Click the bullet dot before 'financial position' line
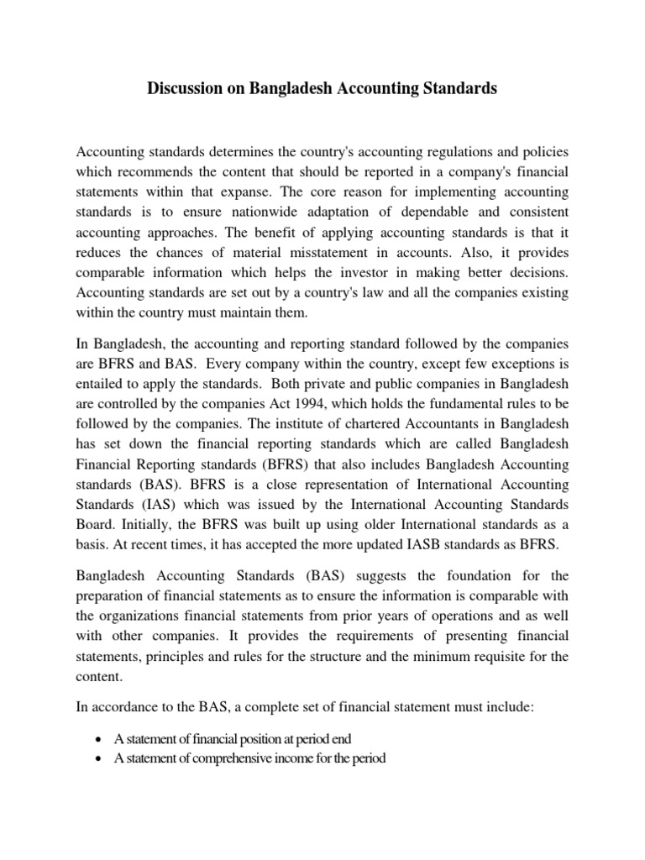tap(100, 739)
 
